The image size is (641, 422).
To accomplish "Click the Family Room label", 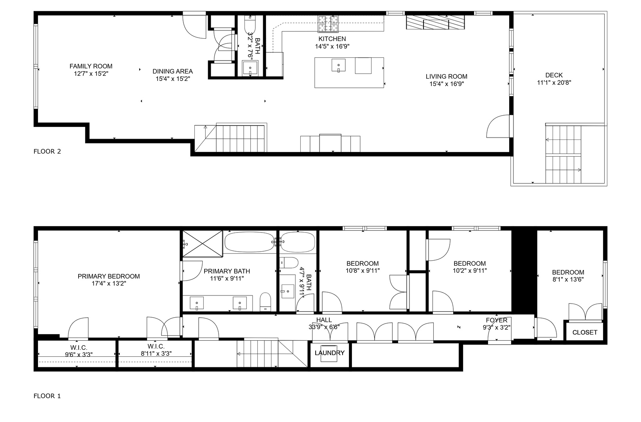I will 91,66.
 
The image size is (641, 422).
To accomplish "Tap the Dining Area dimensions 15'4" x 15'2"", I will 172,79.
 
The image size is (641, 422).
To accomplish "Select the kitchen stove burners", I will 328,23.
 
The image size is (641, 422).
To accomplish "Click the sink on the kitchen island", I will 338,65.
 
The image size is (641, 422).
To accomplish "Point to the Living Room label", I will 446,77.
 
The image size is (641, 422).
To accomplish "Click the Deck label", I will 554,75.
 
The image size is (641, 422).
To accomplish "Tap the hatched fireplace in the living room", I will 435,23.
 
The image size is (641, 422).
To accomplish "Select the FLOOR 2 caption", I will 47,152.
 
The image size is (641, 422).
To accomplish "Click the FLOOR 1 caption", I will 47,396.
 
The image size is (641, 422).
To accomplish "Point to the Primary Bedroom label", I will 109,276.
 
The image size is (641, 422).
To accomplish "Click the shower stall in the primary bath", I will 202,244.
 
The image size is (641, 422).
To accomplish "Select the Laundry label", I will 329,353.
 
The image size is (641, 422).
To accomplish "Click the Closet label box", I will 585,332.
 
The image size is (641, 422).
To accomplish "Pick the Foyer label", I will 496,320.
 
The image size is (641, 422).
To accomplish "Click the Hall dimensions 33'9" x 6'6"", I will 324,327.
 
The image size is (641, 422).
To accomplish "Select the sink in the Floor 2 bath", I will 250,69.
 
